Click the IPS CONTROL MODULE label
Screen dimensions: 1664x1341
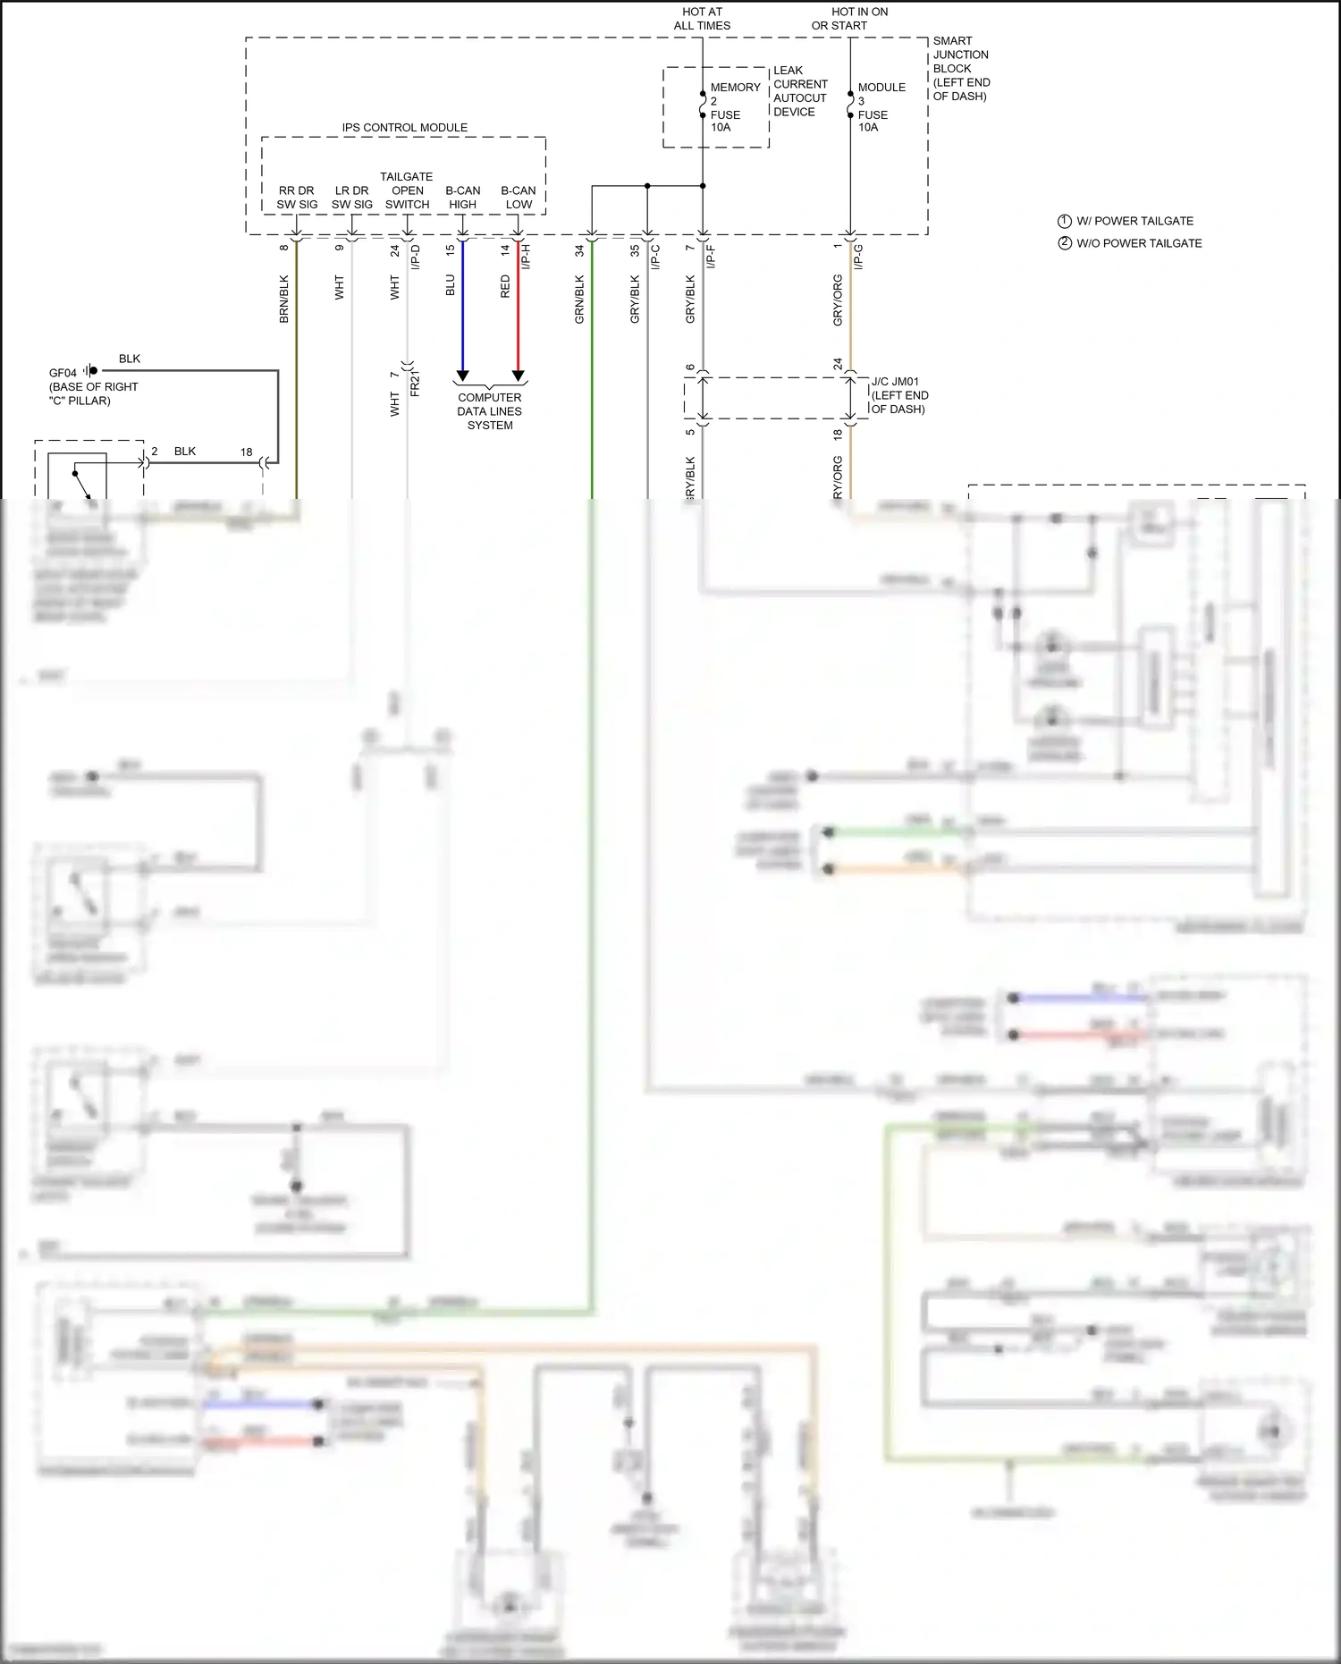click(404, 128)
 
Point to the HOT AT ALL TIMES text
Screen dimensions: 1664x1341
click(702, 19)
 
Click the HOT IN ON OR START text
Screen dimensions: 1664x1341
click(849, 19)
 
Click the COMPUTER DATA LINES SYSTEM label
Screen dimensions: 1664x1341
click(490, 411)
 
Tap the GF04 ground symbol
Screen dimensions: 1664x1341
click(91, 370)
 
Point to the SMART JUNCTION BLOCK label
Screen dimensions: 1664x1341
click(961, 68)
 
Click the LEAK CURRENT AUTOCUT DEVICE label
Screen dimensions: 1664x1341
click(799, 91)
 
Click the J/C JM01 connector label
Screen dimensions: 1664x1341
click(898, 395)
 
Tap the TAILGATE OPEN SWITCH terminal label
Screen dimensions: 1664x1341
click(407, 190)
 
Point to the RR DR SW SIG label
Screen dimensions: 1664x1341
click(297, 198)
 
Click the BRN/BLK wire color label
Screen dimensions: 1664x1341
click(284, 299)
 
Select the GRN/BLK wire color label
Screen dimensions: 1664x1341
click(579, 299)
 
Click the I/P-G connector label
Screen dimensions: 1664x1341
click(858, 257)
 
